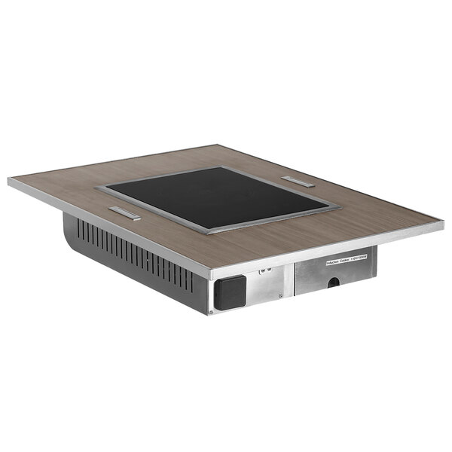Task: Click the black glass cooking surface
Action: click(x=218, y=196)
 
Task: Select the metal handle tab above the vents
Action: click(x=124, y=213)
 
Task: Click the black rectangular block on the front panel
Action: click(x=230, y=292)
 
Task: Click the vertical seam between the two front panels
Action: click(x=293, y=279)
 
